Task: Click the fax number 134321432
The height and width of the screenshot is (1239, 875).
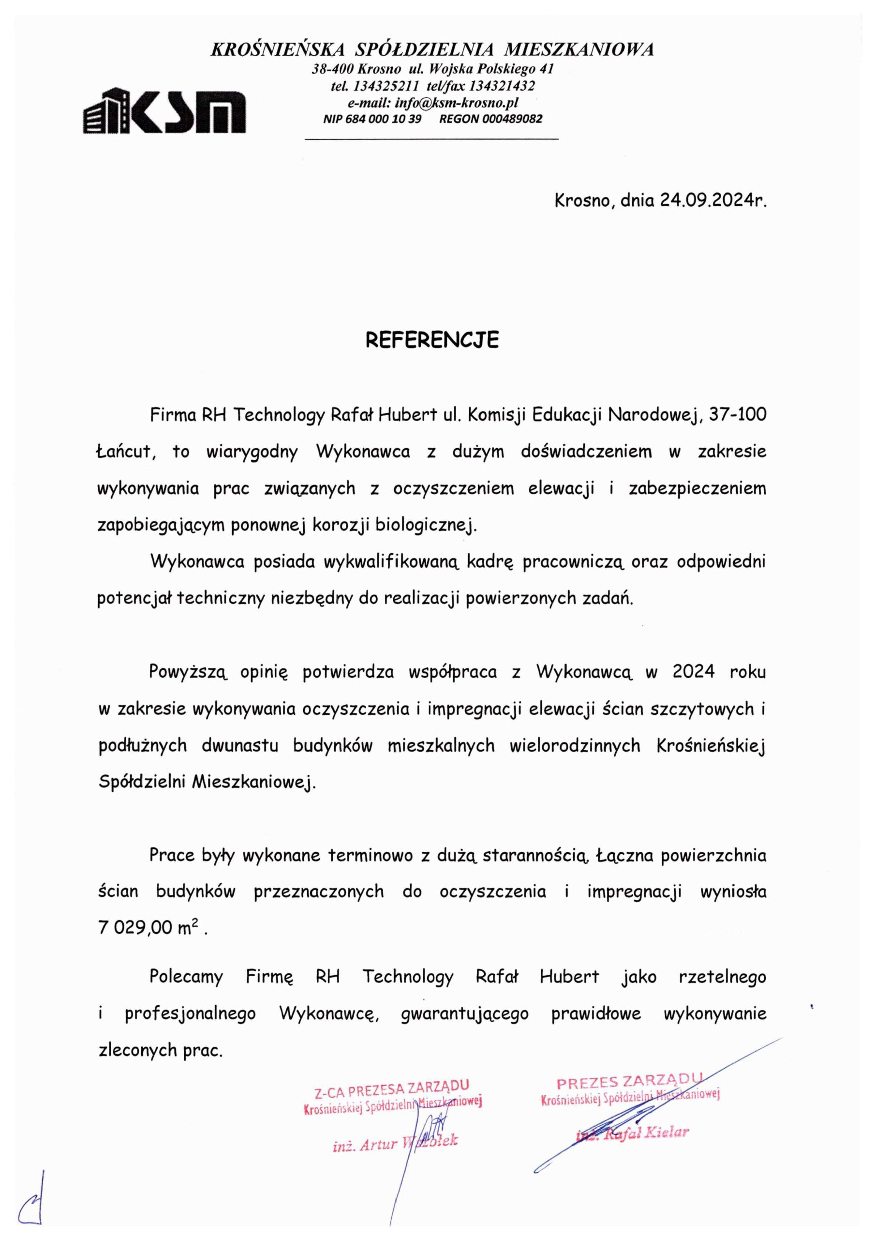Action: [502, 86]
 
